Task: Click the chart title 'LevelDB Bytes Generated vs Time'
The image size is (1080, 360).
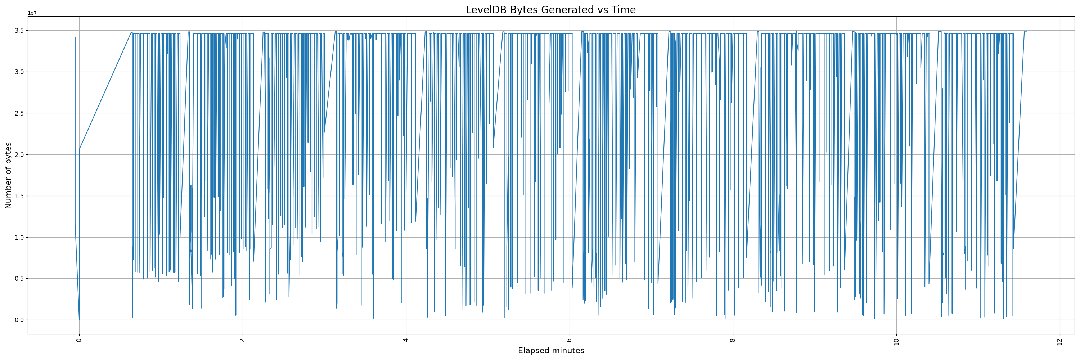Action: pyautogui.click(x=550, y=10)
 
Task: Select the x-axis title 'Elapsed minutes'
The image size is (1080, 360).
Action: pyautogui.click(x=550, y=351)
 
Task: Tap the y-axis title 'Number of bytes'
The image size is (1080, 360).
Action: pyautogui.click(x=8, y=175)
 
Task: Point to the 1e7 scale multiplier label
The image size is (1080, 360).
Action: pyautogui.click(x=32, y=13)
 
